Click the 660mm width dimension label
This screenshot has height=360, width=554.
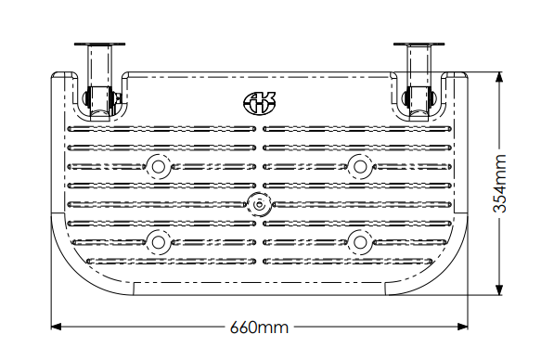[x=259, y=328]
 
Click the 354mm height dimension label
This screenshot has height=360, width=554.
[x=499, y=184]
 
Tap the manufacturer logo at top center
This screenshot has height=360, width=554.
[x=259, y=102]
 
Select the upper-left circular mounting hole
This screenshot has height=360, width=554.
[x=159, y=166]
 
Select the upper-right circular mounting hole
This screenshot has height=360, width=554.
[x=360, y=166]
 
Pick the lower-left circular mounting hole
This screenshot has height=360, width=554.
[x=159, y=242]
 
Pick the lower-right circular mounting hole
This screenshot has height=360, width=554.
[x=360, y=242]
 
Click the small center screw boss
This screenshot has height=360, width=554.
[x=260, y=204]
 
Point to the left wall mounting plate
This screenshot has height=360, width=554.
[x=99, y=45]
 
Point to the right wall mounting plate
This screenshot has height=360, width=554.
[x=419, y=45]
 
